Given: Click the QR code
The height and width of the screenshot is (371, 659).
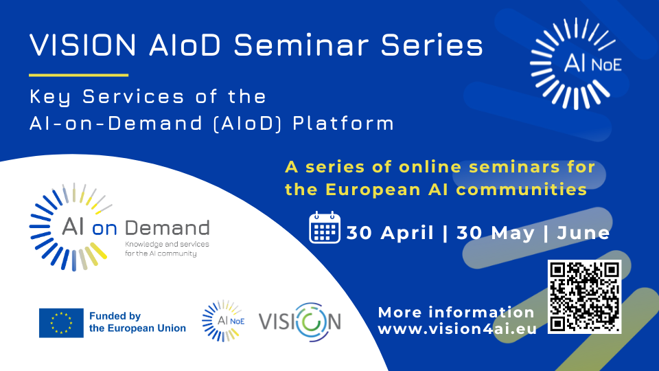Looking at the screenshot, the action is [x=584, y=297].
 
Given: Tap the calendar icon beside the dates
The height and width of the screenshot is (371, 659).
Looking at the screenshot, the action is [x=325, y=227].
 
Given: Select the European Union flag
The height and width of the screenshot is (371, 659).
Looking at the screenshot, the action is [x=61, y=323].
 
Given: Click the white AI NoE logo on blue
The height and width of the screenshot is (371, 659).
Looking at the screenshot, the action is [x=576, y=63].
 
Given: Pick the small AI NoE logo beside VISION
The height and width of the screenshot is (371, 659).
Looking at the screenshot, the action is [x=223, y=321].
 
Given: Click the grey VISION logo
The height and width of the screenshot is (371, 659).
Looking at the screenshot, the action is [x=300, y=322].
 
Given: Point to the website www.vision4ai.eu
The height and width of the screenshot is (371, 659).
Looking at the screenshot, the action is [x=457, y=329].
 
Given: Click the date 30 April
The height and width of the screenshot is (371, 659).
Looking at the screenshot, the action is [x=390, y=233].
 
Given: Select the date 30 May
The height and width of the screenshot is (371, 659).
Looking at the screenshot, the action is [x=496, y=233].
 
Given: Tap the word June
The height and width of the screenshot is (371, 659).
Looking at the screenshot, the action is [x=583, y=233].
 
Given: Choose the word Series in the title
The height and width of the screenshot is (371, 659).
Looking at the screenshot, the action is [x=432, y=45].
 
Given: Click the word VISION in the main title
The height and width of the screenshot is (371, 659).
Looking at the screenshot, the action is [x=83, y=45].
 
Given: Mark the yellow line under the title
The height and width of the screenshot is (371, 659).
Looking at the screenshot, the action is [x=78, y=76].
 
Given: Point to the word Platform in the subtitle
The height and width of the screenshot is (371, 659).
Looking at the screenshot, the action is [x=343, y=123].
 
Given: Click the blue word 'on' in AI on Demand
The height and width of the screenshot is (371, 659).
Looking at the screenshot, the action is [x=104, y=229].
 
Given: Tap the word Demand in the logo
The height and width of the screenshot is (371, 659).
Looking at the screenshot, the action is [x=167, y=227].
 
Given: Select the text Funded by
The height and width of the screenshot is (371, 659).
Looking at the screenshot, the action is [x=115, y=316].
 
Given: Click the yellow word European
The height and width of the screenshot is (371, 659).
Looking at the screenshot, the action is [x=372, y=190].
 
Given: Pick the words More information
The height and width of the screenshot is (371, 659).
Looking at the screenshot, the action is [x=456, y=313].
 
